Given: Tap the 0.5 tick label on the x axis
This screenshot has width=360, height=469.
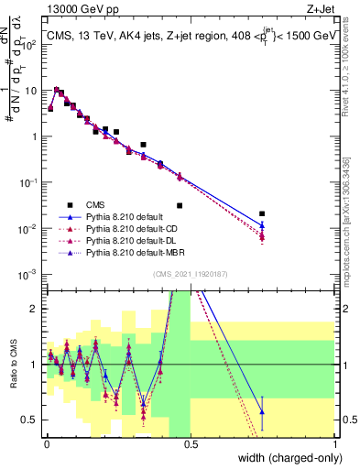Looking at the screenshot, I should (x=191, y=445).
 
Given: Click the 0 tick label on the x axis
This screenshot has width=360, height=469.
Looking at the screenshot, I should (x=46, y=445).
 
